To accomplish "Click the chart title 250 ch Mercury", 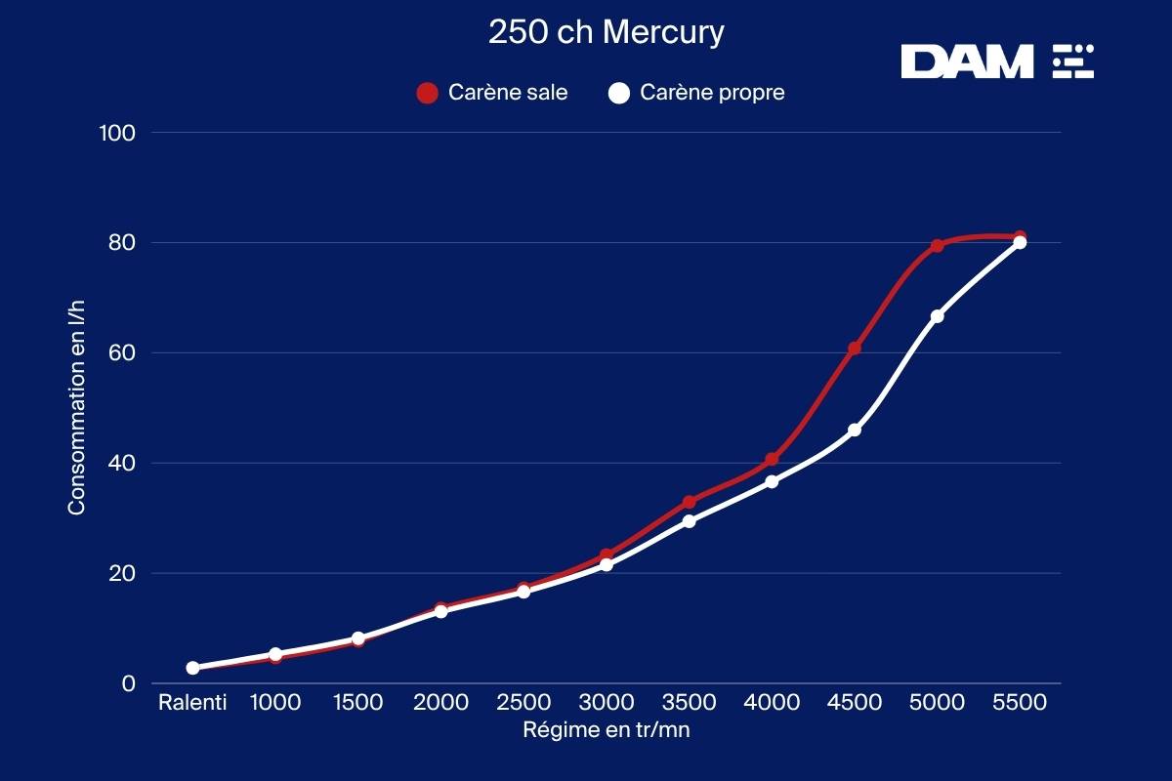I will tap(606, 32).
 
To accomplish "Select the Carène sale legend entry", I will tap(492, 93).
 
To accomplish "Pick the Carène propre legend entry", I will tap(696, 93).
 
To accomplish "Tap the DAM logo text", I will tap(966, 62).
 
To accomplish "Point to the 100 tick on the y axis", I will tap(117, 133).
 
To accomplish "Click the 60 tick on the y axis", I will tap(122, 352).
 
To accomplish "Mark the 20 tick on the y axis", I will tap(122, 573).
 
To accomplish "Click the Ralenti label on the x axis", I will tap(192, 702).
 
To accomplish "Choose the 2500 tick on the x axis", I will tap(523, 702).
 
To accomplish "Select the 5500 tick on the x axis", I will tap(1019, 702).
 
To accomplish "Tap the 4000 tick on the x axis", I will tap(771, 702).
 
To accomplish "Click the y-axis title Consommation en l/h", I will tap(76, 408).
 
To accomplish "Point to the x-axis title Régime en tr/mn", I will tap(606, 729).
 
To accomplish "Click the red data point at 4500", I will tap(854, 349).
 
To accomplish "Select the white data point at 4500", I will tap(855, 430).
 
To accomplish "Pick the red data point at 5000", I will tap(937, 246).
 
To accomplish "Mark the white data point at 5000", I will tap(937, 316).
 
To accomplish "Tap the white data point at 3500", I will tap(689, 521).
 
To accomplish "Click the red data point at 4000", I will tap(772, 459).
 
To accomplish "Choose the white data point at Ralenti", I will tap(192, 668).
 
